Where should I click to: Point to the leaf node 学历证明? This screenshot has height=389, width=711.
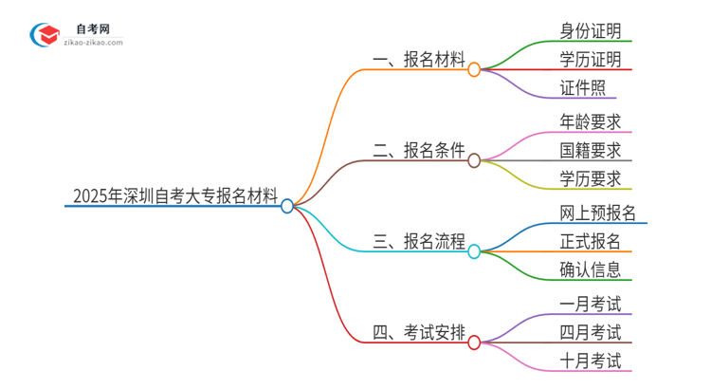(x=591, y=60)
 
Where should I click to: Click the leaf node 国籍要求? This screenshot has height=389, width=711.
(x=591, y=150)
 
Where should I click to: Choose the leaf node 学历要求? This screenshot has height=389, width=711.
(x=591, y=179)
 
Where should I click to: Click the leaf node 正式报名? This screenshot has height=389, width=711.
(x=591, y=240)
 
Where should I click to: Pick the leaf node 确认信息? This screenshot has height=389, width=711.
(x=591, y=270)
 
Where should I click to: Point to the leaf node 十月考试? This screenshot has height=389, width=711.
(x=591, y=361)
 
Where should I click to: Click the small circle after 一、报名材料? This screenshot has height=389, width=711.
(x=474, y=69)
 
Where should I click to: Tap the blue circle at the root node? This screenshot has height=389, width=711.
(x=287, y=205)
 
